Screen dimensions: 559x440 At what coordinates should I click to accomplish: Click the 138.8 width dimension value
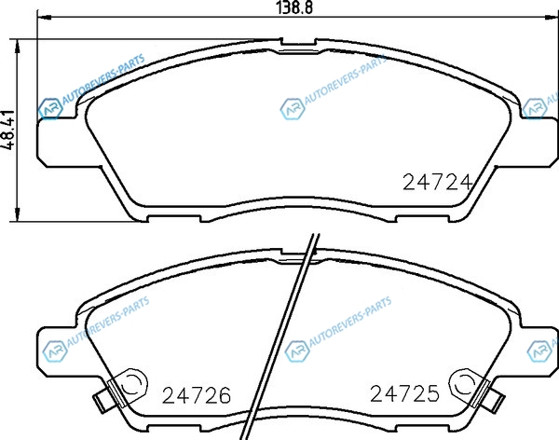(x=294, y=7)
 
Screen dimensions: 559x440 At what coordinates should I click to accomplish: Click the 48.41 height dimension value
(x=7, y=130)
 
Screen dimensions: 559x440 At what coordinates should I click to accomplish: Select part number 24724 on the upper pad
(x=437, y=183)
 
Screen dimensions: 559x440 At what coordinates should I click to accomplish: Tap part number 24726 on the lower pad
(x=197, y=395)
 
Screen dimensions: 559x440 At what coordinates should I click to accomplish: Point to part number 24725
(x=404, y=393)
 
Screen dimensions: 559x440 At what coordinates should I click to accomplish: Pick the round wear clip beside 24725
(x=463, y=384)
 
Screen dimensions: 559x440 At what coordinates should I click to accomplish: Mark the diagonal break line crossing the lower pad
(x=279, y=337)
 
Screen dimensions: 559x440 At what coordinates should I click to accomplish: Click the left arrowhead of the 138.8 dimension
(x=45, y=17)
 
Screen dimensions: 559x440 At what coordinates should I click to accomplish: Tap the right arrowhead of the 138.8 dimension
(x=551, y=17)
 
